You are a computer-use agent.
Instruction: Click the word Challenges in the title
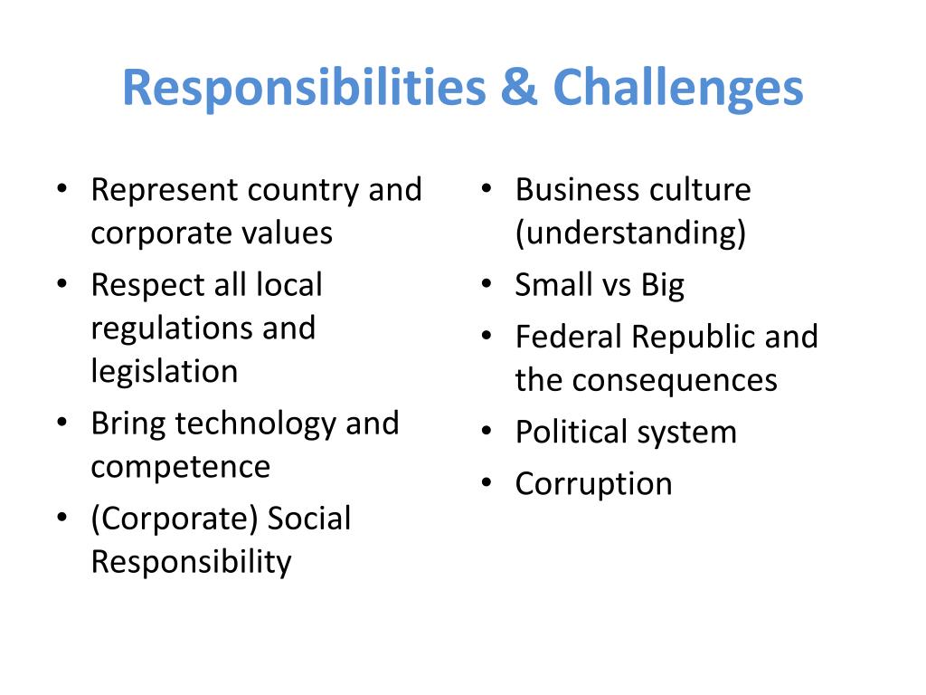click(x=678, y=89)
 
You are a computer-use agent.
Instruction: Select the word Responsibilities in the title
click(x=302, y=89)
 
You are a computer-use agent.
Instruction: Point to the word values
click(x=287, y=233)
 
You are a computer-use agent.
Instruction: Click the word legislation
click(x=165, y=371)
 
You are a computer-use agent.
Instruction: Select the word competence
click(x=180, y=467)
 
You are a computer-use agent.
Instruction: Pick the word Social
click(x=309, y=519)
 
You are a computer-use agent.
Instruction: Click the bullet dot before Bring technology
click(x=61, y=424)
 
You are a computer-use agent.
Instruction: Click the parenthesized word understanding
click(x=630, y=233)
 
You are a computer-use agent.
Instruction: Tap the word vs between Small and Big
click(x=615, y=286)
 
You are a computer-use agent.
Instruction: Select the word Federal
click(x=569, y=338)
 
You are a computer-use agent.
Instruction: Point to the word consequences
click(x=676, y=380)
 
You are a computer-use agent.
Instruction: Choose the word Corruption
click(x=593, y=484)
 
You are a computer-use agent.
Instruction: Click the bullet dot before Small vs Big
click(x=487, y=286)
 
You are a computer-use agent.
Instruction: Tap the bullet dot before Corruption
click(x=487, y=484)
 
